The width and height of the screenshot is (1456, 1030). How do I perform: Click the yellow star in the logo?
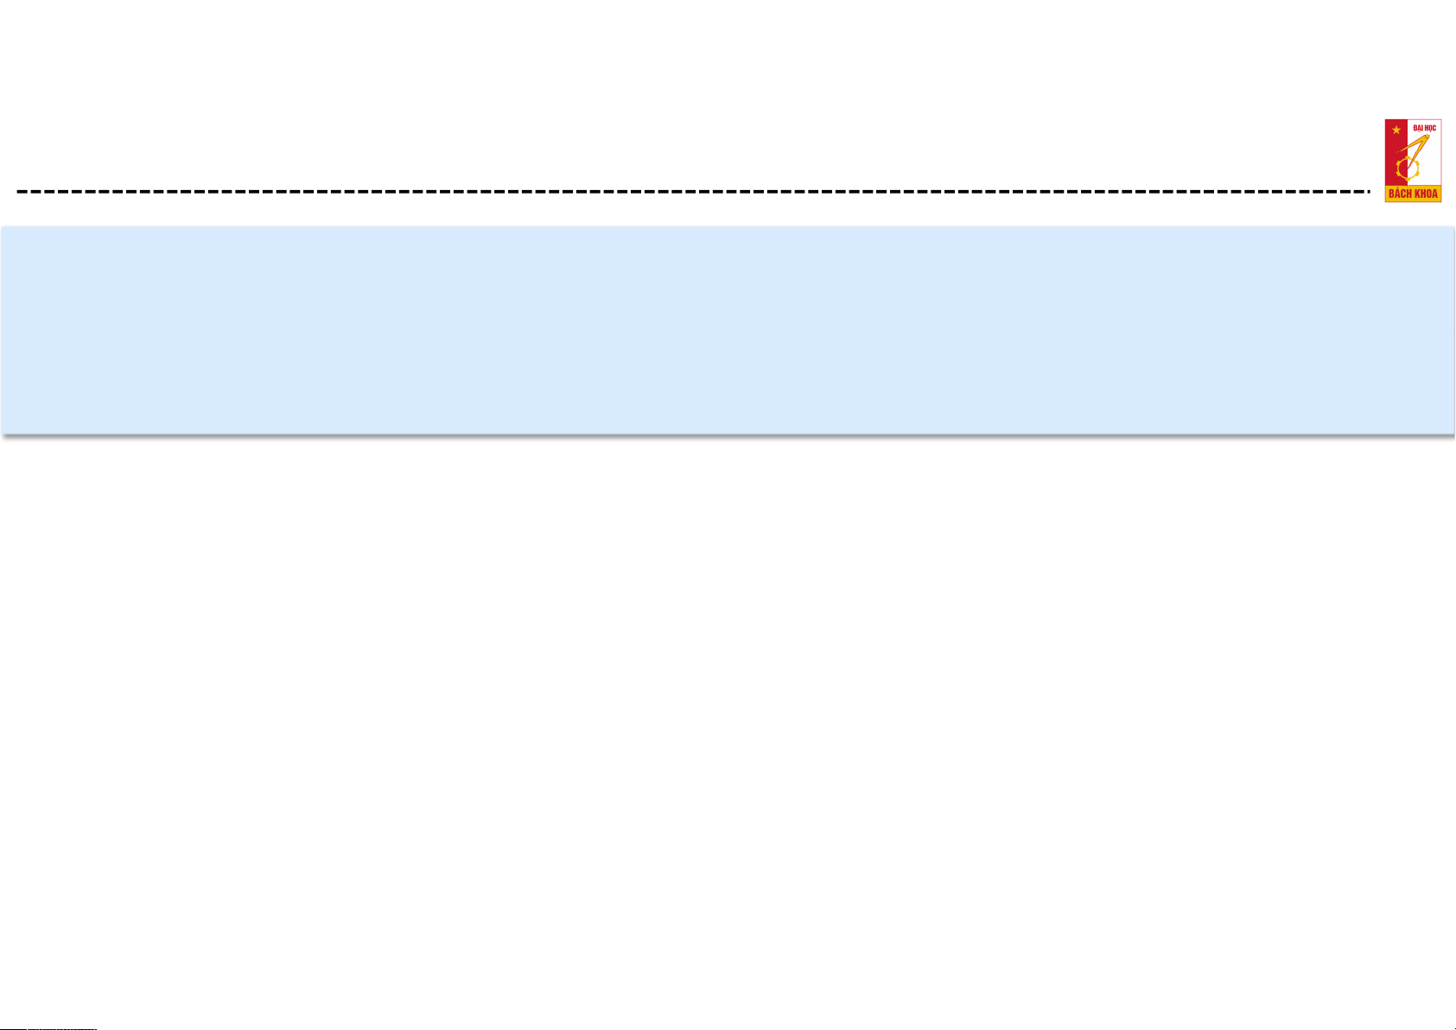pyautogui.click(x=1396, y=130)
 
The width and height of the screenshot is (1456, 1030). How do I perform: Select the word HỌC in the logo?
pyautogui.click(x=1430, y=129)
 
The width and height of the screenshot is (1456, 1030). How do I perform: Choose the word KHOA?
pyautogui.click(x=1426, y=194)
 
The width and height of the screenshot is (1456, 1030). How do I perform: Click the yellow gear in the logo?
pyautogui.click(x=1408, y=169)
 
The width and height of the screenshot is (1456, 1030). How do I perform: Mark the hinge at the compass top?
pyautogui.click(x=1427, y=137)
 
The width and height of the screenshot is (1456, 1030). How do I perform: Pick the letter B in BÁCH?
pyautogui.click(x=1392, y=194)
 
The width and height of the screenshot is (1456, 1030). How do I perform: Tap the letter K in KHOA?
pyautogui.click(x=1415, y=194)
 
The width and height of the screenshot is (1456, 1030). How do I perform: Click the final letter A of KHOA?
pyautogui.click(x=1434, y=194)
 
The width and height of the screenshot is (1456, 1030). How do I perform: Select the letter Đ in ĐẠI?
pyautogui.click(x=1415, y=129)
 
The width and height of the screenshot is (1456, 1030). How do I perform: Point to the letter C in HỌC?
pyautogui.click(x=1434, y=129)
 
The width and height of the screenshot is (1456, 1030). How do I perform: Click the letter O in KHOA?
pyautogui.click(x=1428, y=194)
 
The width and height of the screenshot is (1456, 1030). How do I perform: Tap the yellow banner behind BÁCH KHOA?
pyautogui.click(x=1413, y=194)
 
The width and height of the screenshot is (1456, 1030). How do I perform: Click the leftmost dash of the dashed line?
pyautogui.click(x=22, y=192)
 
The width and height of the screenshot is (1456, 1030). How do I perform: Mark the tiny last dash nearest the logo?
pyautogui.click(x=1369, y=192)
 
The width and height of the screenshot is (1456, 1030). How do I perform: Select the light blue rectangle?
pyautogui.click(x=728, y=329)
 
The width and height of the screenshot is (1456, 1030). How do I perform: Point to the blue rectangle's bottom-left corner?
pyautogui.click(x=2, y=434)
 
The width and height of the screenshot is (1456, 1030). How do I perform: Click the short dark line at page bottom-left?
pyautogui.click(x=48, y=1028)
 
